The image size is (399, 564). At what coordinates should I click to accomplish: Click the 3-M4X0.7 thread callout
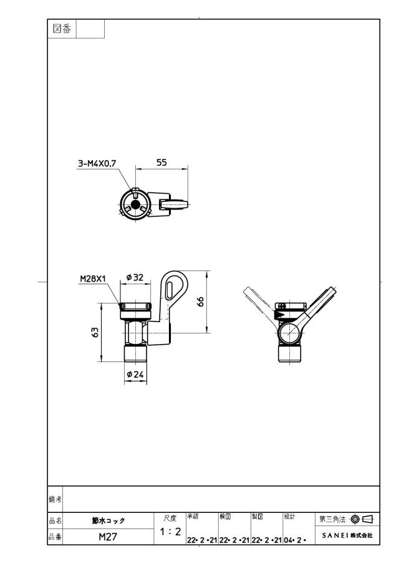point(97,164)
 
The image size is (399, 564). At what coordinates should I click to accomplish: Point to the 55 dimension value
point(161,163)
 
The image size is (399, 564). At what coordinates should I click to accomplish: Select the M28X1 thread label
point(93,279)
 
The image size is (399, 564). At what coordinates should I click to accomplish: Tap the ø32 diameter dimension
point(135,277)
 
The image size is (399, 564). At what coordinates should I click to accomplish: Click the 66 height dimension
point(201,302)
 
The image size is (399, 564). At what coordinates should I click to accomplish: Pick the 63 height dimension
point(95,332)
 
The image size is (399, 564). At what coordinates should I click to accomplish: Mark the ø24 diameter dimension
point(135,375)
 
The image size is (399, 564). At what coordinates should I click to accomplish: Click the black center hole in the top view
point(135,204)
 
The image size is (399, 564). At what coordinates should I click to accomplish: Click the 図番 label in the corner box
point(62,29)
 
